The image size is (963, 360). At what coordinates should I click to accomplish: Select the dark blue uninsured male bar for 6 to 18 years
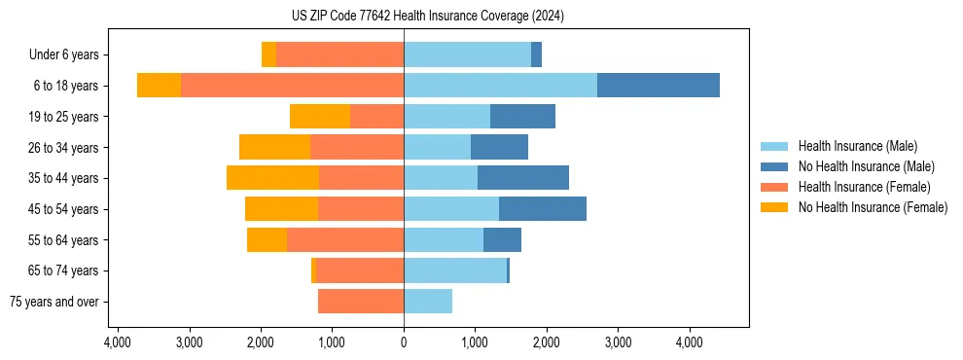pyautogui.click(x=658, y=86)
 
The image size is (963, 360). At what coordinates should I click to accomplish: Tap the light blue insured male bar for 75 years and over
pyautogui.click(x=428, y=302)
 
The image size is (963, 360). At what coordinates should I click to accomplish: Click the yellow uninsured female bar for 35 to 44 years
pyautogui.click(x=272, y=178)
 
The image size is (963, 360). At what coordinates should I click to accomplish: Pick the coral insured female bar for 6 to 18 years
pyautogui.click(x=292, y=86)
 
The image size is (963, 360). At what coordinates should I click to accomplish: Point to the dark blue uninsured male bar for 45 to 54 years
pyautogui.click(x=542, y=209)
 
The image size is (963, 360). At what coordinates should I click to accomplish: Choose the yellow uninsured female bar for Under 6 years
pyautogui.click(x=268, y=54)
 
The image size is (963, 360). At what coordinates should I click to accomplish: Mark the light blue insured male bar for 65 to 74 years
pyautogui.click(x=454, y=270)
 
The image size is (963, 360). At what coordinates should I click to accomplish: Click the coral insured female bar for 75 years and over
pyautogui.click(x=360, y=302)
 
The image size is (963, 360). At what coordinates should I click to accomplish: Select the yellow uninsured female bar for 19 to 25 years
pyautogui.click(x=320, y=117)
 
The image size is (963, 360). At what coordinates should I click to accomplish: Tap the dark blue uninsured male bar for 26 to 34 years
pyautogui.click(x=499, y=147)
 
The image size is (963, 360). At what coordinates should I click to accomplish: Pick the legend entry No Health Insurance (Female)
pyautogui.click(x=873, y=207)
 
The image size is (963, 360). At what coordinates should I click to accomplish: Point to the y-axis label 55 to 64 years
pyautogui.click(x=64, y=240)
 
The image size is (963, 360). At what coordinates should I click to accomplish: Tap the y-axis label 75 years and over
pyautogui.click(x=54, y=302)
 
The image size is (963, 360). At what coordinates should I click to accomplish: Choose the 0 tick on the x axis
pyautogui.click(x=404, y=342)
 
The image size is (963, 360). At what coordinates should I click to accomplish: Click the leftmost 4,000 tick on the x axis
pyautogui.click(x=117, y=342)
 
